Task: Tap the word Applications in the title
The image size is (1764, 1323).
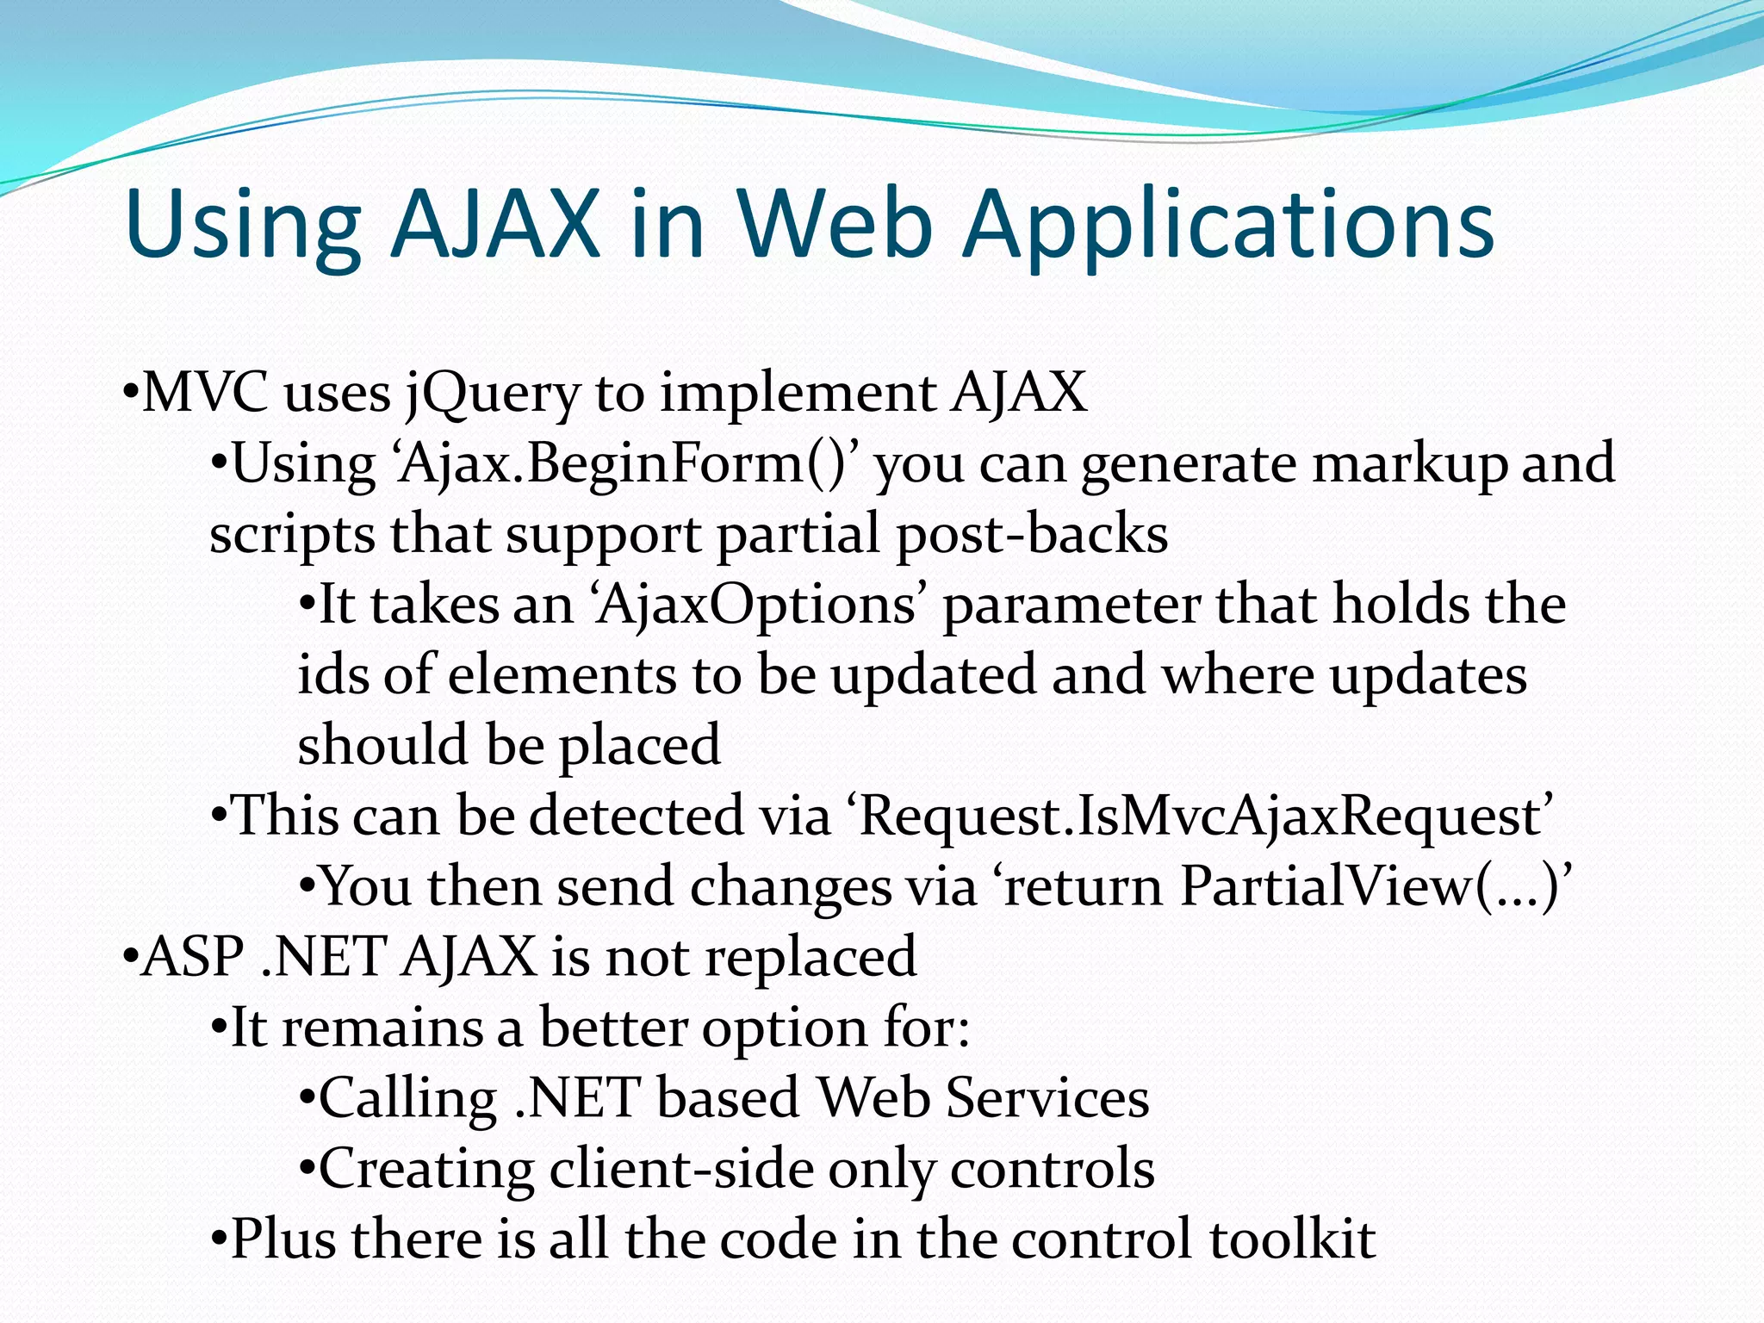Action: pyautogui.click(x=1229, y=226)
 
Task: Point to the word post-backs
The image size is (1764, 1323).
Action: pyautogui.click(x=1032, y=534)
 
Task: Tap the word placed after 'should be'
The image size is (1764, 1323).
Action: pyautogui.click(x=640, y=746)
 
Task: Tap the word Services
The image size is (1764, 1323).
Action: pyautogui.click(x=1047, y=1098)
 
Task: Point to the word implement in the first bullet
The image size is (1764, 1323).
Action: pyautogui.click(x=798, y=394)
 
